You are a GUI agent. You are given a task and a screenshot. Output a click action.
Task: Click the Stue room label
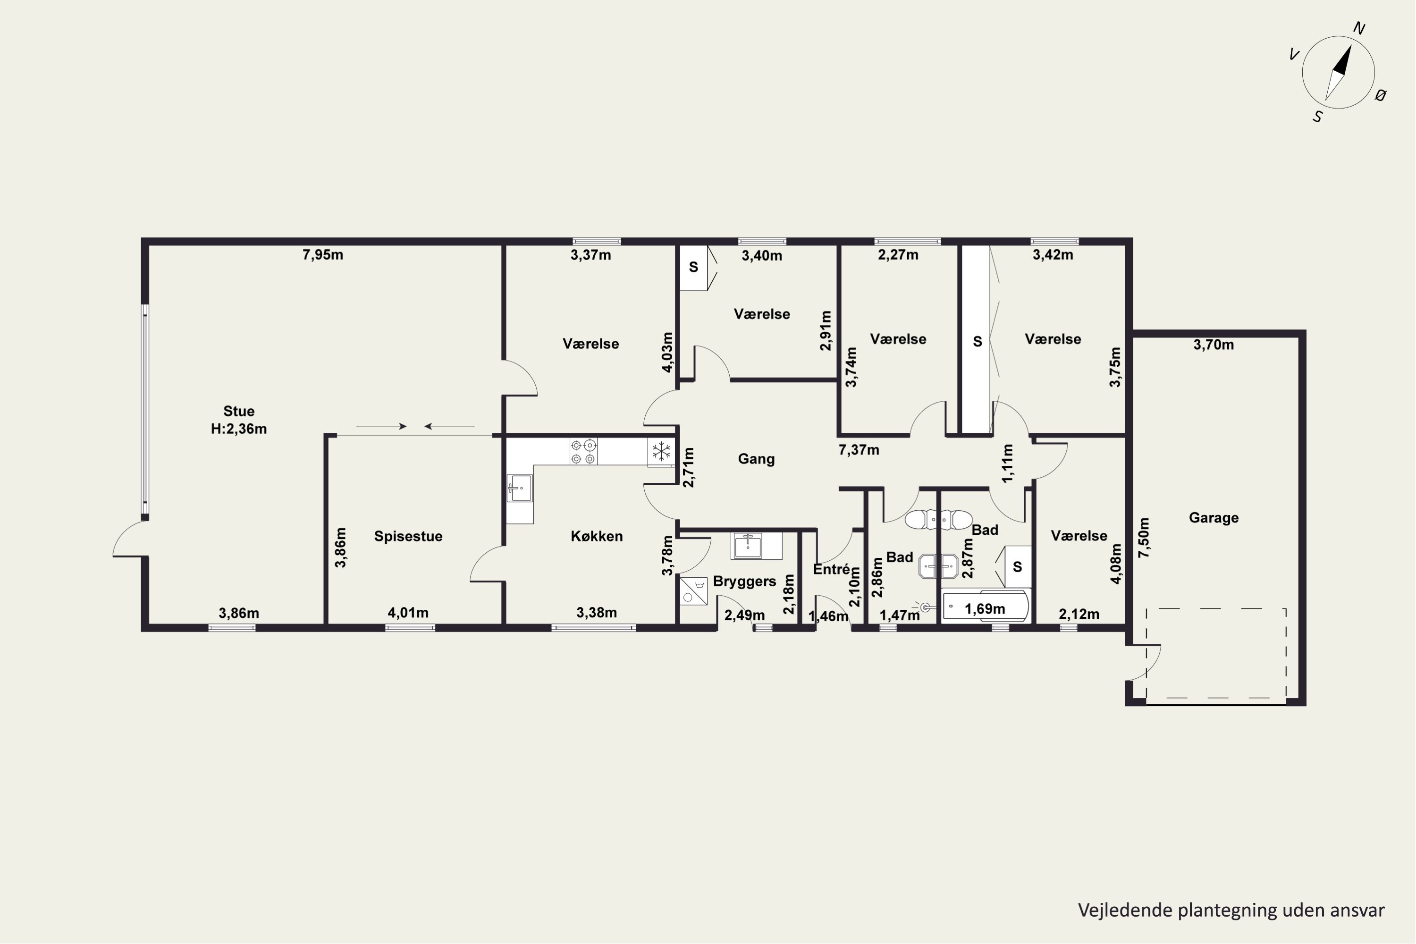point(239,411)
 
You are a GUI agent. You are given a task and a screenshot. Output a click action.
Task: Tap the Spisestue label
point(408,536)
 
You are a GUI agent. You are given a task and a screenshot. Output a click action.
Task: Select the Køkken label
point(597,536)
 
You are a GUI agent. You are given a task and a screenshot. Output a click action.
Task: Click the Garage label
point(1214,518)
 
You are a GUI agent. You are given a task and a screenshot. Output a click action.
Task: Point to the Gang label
point(756,459)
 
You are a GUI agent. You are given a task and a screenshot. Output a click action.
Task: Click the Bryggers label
point(745,582)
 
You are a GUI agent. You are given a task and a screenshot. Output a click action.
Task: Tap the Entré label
point(831,569)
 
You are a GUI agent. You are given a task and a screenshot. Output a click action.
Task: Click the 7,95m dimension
point(323,255)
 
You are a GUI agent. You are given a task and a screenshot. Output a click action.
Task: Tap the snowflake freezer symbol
point(662,451)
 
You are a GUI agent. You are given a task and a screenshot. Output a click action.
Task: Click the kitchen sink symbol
point(519,488)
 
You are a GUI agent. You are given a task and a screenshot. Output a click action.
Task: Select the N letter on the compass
point(1359,28)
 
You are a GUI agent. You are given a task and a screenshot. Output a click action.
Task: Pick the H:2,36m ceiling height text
point(239,429)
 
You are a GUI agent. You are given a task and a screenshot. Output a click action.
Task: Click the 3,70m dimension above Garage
point(1214,345)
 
